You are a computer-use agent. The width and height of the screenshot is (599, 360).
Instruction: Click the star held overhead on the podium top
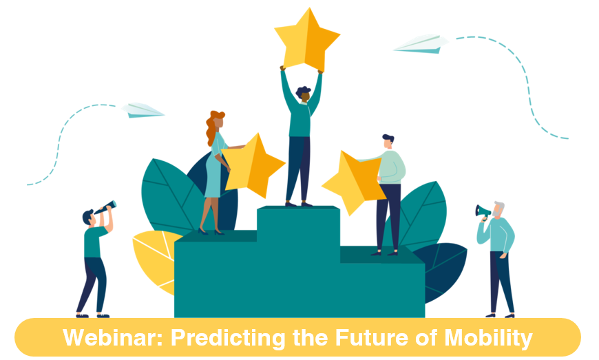[307, 40]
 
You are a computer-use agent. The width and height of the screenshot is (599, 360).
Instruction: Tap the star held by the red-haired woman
[253, 166]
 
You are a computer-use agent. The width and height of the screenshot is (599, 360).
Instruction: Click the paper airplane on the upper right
[421, 44]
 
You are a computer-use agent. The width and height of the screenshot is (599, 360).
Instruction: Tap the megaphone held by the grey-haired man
[483, 211]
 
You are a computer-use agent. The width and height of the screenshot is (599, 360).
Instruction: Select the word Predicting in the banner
[228, 338]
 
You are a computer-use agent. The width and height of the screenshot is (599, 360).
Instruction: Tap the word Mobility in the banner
[488, 338]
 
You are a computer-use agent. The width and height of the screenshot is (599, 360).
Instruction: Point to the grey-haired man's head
[498, 209]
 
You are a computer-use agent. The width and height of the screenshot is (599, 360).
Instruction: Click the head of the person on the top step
[304, 94]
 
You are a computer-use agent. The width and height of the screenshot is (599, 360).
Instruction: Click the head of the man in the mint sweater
[388, 141]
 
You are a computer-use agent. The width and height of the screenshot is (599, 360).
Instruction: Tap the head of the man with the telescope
[89, 218]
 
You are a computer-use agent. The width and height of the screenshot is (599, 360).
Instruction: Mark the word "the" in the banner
[311, 337]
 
